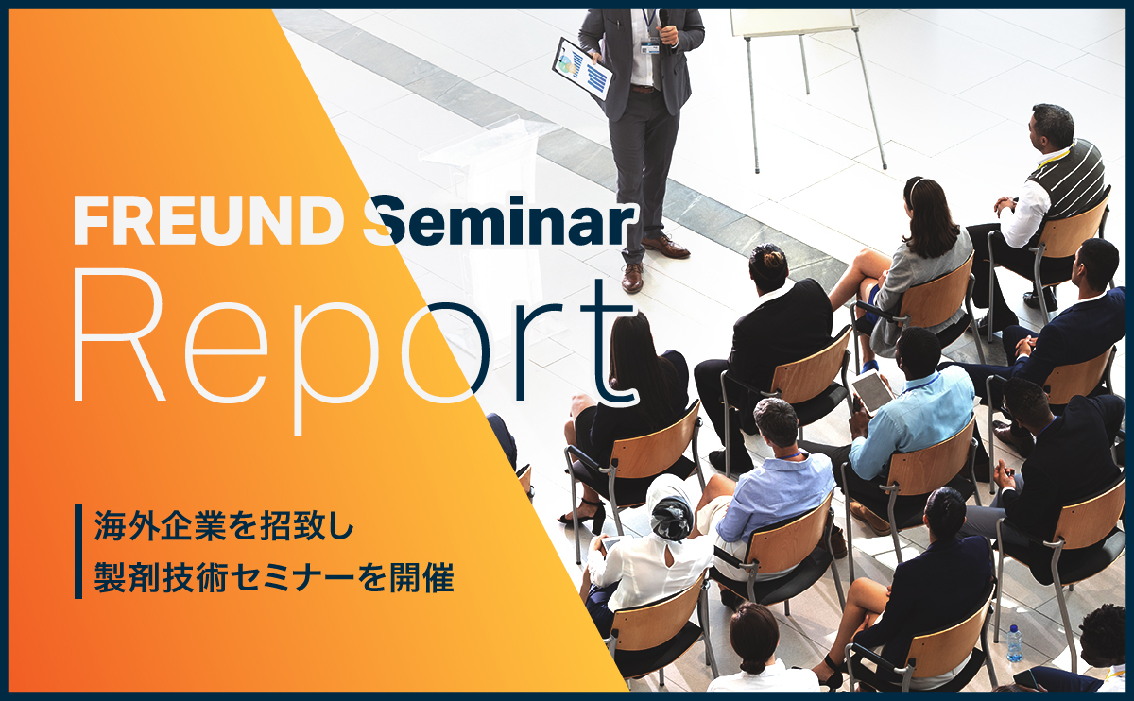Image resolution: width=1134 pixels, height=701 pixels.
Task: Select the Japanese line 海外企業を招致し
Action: (224, 525)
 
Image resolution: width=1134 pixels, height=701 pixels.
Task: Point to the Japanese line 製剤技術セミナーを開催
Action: (274, 577)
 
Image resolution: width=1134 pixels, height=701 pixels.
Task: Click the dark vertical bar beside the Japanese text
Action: (78, 552)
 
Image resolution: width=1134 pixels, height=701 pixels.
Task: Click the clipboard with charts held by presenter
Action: (583, 68)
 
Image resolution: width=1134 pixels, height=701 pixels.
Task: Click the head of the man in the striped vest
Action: (1052, 128)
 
